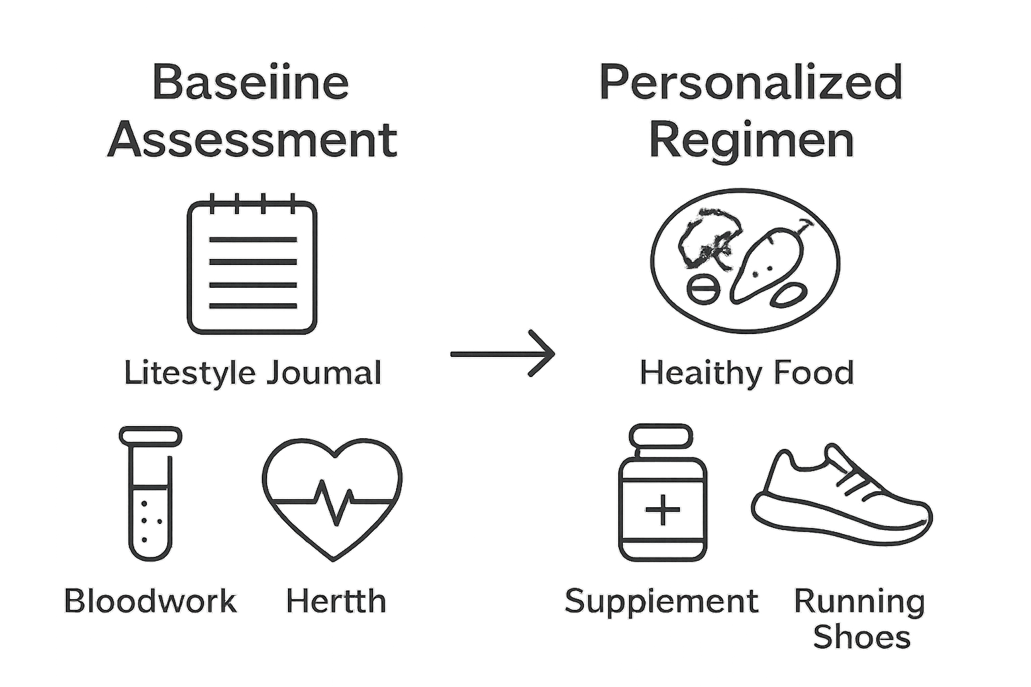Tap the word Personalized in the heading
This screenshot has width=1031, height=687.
[x=750, y=83]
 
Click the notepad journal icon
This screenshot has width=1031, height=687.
[x=252, y=267]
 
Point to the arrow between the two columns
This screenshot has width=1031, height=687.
[x=503, y=354]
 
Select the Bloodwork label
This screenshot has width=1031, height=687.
[x=150, y=601]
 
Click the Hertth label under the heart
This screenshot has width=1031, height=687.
[x=336, y=601]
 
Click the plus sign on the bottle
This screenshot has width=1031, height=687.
[x=662, y=509]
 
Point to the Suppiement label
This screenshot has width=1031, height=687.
[x=661, y=601]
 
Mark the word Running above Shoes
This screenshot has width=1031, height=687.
[x=859, y=601]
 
